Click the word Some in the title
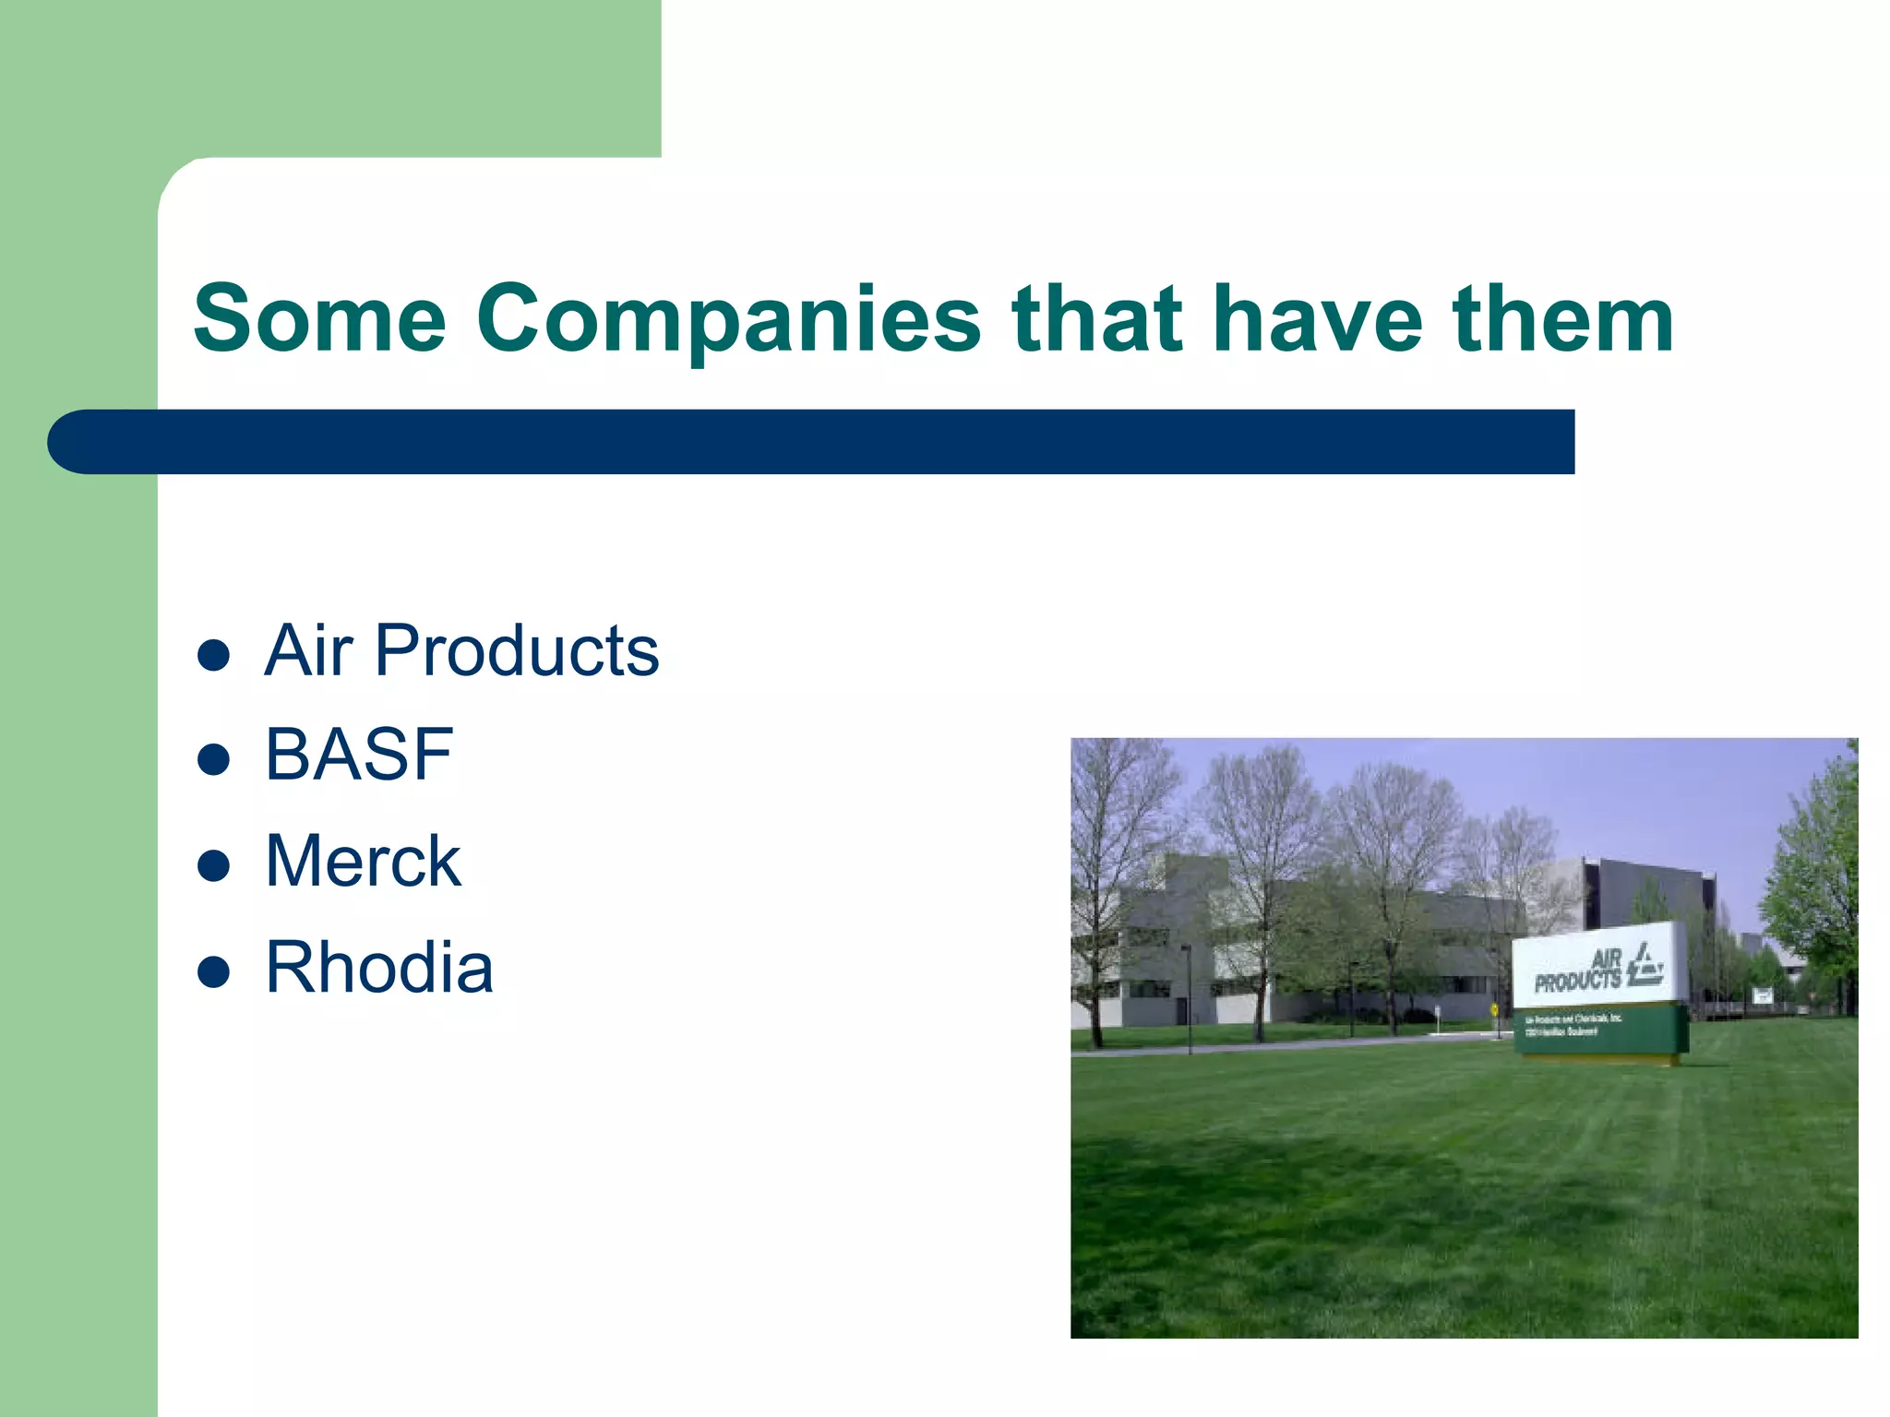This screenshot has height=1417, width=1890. click(319, 318)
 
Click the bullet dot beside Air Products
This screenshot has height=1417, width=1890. click(213, 655)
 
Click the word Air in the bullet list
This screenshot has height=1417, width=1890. click(308, 650)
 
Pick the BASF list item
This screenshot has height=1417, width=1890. click(359, 755)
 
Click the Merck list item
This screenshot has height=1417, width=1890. click(363, 861)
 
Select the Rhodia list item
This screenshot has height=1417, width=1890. click(379, 968)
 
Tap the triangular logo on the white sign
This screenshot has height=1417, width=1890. click(1645, 964)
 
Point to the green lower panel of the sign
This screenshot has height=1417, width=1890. click(1601, 1030)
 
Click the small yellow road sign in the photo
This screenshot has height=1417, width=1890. click(1494, 1009)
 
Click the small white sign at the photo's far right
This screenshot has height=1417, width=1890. click(1763, 994)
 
